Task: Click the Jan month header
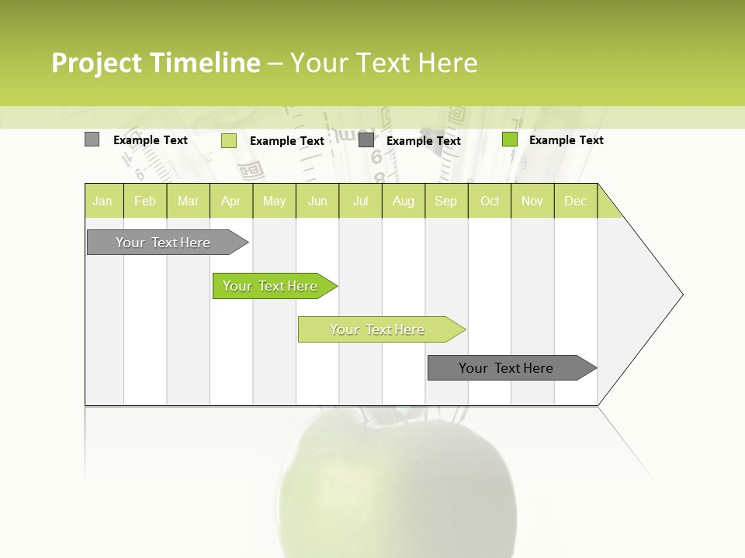(103, 201)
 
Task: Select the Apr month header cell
(231, 201)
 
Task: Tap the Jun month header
(317, 201)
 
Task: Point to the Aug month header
(404, 201)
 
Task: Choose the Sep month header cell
(446, 201)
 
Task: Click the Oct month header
(490, 201)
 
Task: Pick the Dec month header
(576, 201)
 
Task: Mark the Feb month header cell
(145, 201)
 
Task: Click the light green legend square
(229, 140)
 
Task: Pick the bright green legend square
(510, 139)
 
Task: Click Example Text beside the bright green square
(566, 140)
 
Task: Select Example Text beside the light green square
(286, 141)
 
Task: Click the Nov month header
(532, 201)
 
